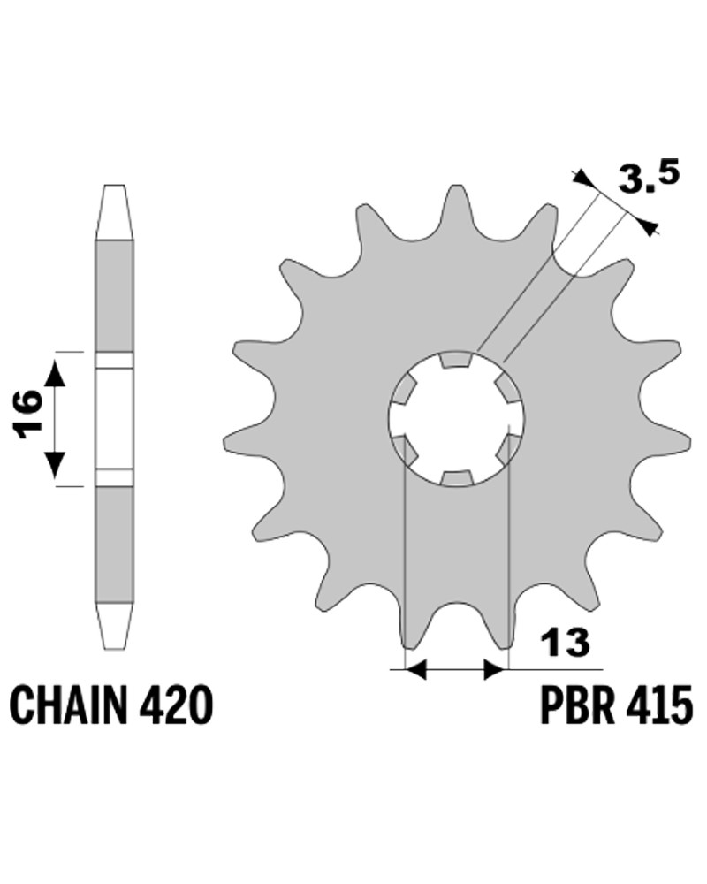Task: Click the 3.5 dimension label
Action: click(x=649, y=177)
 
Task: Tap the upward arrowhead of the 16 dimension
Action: click(x=55, y=374)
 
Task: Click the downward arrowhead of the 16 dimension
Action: click(x=55, y=464)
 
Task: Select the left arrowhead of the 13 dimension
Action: click(x=416, y=670)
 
